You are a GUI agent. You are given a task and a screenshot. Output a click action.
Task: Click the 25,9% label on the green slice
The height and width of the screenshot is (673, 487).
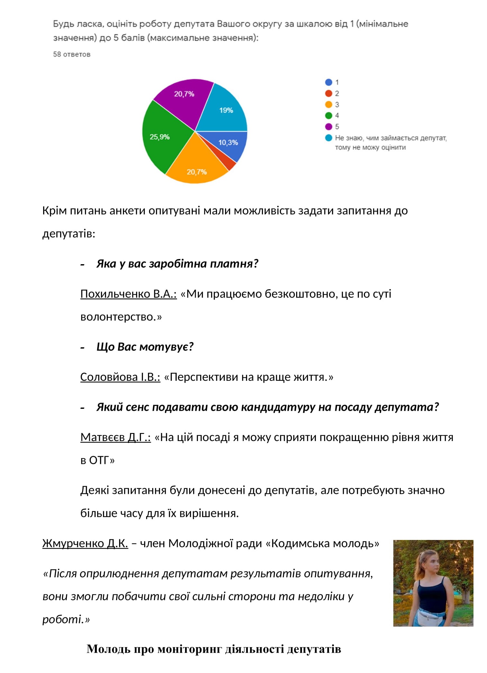click(x=159, y=137)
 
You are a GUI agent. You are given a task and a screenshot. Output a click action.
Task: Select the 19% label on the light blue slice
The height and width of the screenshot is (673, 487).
click(x=226, y=111)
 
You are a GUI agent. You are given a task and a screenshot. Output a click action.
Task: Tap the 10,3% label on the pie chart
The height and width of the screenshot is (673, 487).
click(x=228, y=142)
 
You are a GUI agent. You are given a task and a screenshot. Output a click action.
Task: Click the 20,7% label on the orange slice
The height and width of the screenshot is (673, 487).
click(x=197, y=172)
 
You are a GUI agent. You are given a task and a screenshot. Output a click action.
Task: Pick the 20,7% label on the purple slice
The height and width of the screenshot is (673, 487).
click(x=184, y=94)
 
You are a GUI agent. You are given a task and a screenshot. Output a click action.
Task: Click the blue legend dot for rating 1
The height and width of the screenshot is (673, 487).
click(x=328, y=82)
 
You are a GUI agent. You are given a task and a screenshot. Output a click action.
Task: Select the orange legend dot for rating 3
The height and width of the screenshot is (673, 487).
click(x=328, y=105)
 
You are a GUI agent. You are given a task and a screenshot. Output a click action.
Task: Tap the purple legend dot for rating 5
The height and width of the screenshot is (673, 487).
click(x=328, y=127)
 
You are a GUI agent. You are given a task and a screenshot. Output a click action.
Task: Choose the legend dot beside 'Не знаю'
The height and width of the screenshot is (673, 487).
click(x=328, y=138)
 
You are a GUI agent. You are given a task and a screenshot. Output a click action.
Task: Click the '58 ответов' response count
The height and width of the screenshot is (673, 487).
click(x=71, y=54)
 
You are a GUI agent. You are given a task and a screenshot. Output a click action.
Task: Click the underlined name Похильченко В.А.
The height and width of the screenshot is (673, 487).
click(x=128, y=294)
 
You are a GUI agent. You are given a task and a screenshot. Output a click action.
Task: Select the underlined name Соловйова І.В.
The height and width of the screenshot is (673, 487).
click(x=120, y=377)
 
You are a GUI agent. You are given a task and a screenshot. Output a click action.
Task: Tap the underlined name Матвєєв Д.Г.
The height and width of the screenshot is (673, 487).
click(x=115, y=437)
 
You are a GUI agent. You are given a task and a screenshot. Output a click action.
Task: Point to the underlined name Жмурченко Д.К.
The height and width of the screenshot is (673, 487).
click(x=85, y=543)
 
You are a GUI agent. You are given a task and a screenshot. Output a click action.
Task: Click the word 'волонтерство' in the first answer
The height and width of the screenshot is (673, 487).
click(x=118, y=317)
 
